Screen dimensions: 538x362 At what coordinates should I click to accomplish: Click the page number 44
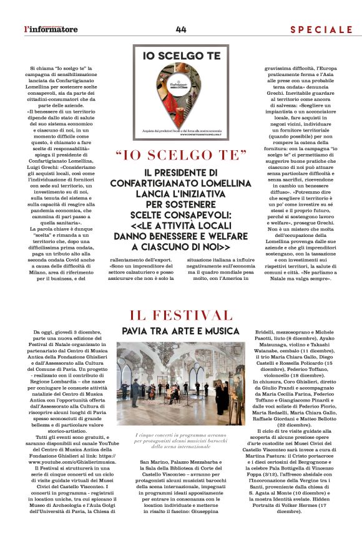[181, 29]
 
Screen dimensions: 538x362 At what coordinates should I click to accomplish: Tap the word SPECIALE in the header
[321, 29]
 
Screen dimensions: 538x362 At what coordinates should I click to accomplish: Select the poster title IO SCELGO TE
[180, 55]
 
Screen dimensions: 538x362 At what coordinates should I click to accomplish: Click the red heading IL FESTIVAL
[180, 315]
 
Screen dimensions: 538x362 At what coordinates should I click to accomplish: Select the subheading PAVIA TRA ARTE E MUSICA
[180, 330]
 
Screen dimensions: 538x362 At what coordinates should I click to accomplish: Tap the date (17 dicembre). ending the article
[304, 511]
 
